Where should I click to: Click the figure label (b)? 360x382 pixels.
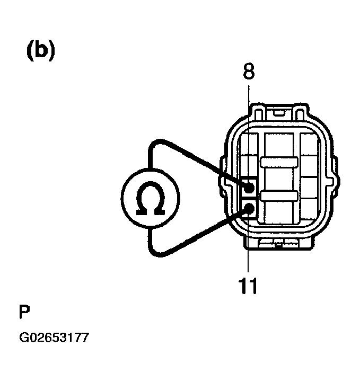coord(41,50)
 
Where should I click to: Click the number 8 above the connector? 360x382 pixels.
coord(249,72)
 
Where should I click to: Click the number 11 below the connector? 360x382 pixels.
coord(248,286)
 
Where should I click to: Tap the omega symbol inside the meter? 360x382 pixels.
coord(151,198)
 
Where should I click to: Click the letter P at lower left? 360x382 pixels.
coord(24,312)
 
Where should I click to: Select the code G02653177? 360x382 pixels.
coord(54,337)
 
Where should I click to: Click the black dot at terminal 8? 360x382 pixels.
coord(249,188)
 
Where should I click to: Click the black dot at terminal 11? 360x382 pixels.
coord(249,208)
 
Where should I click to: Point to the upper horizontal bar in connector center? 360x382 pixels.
coord(279,162)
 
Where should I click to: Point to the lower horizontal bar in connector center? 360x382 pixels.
coord(279,196)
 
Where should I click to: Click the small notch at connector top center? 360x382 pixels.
coord(279,112)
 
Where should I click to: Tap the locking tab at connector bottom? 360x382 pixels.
coord(279,243)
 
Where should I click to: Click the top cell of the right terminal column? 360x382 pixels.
coord(309,144)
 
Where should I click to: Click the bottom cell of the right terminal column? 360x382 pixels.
coord(309,209)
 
